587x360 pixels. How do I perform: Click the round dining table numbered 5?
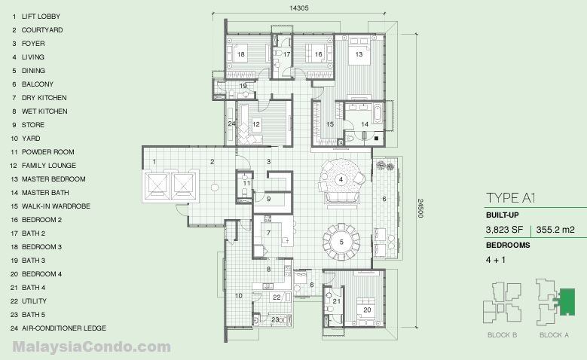pos(341,242)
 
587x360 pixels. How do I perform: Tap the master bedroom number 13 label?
pos(359,54)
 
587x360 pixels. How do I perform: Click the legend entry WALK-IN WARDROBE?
pos(56,206)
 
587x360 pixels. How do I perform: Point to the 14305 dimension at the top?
pos(298,8)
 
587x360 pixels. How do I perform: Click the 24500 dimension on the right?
pos(420,209)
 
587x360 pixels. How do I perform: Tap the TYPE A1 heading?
pos(511,198)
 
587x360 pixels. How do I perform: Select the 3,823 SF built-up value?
pos(504,230)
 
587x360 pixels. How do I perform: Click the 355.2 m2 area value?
pos(555,230)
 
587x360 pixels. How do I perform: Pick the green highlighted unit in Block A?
pos(566,301)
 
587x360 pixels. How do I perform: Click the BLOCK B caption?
pos(502,335)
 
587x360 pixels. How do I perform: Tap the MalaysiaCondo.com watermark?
pos(91,347)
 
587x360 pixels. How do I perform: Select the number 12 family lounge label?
pos(256,124)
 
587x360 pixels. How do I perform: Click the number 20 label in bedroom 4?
pos(367,310)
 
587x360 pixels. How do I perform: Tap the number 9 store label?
pos(268,199)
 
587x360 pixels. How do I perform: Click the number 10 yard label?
pos(238,296)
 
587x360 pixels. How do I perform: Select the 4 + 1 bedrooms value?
pos(496,259)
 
